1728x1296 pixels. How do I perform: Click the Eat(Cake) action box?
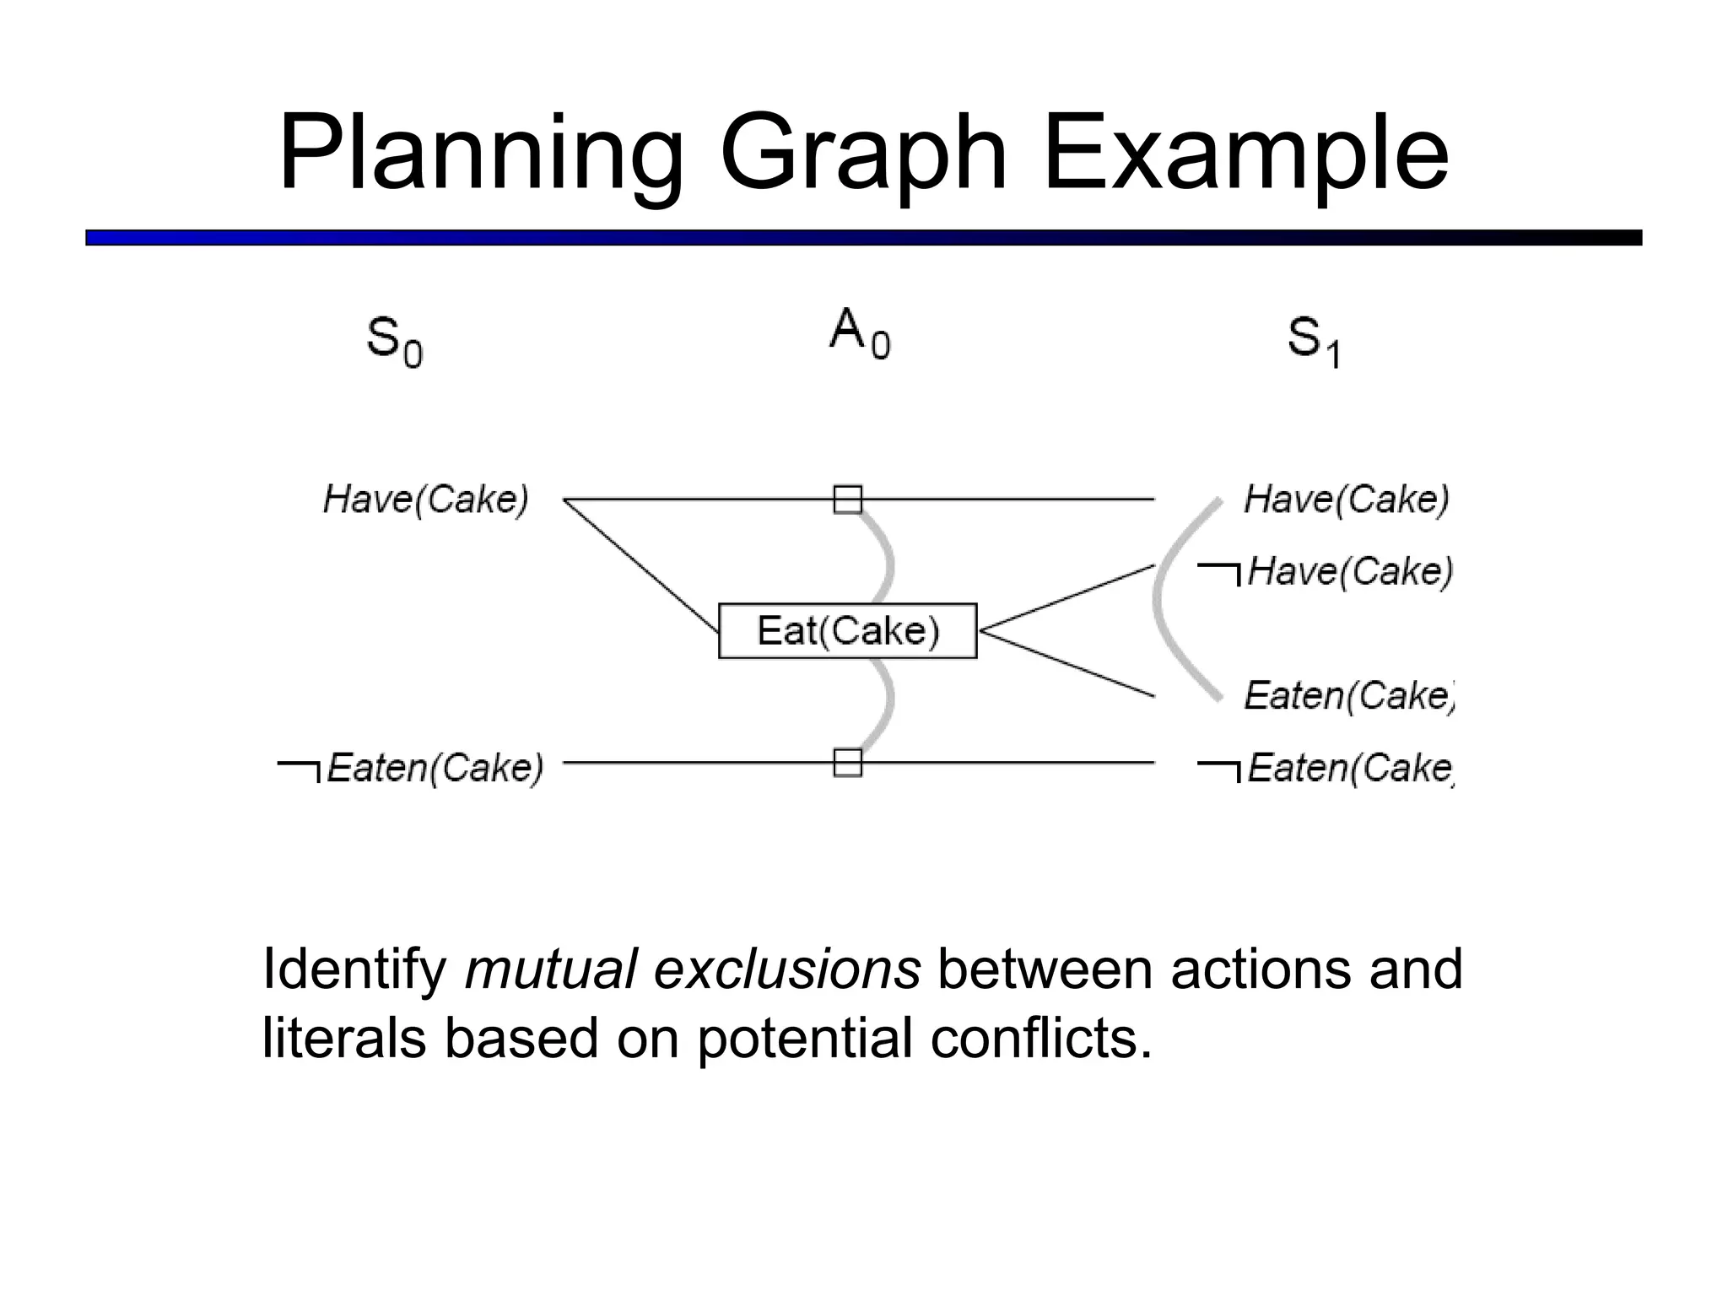click(x=847, y=631)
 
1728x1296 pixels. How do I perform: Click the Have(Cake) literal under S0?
click(x=426, y=499)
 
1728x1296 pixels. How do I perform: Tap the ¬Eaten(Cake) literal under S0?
click(x=411, y=767)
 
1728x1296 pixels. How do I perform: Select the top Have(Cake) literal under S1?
click(x=1346, y=499)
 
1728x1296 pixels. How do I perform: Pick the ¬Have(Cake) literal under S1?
click(x=1326, y=571)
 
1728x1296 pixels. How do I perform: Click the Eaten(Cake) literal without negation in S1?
click(x=1348, y=696)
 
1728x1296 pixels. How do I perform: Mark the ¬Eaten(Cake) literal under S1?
click(x=1326, y=768)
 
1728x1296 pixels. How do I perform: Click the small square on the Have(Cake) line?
click(x=848, y=499)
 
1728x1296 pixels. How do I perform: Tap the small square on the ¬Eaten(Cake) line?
click(x=848, y=763)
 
